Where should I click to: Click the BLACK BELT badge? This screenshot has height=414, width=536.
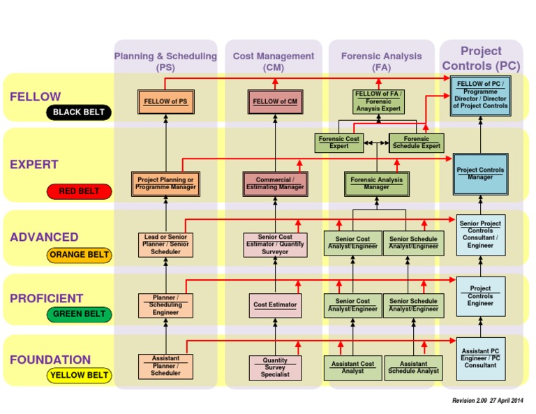tap(78, 112)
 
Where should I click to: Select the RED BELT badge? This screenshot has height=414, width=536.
tap(78, 191)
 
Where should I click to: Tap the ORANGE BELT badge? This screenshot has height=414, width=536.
tap(79, 255)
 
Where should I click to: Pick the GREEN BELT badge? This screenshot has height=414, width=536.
tap(79, 313)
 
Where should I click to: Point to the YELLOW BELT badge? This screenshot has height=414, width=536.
tap(79, 375)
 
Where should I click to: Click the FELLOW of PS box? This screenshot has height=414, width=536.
tap(165, 102)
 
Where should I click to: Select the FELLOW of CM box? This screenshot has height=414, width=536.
tap(275, 102)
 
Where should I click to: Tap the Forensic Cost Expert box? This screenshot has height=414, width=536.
tap(339, 142)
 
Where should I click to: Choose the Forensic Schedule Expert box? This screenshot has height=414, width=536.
tap(417, 142)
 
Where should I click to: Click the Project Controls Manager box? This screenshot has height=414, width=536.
tap(480, 174)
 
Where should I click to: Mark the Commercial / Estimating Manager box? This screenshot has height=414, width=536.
tap(275, 184)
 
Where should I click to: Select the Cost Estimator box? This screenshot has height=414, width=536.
tap(275, 305)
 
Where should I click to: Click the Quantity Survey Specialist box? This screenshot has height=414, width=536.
tap(275, 368)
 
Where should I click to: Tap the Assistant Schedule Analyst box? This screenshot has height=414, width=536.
tap(413, 367)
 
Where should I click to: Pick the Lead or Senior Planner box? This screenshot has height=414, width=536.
tap(165, 244)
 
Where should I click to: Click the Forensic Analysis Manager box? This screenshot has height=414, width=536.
tap(377, 184)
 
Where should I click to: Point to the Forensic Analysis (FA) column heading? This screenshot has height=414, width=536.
tap(381, 61)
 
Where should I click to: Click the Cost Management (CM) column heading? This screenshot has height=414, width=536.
tap(274, 61)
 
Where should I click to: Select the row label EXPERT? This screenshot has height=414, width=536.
tap(34, 165)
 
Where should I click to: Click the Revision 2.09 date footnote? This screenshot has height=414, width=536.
tap(487, 401)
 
